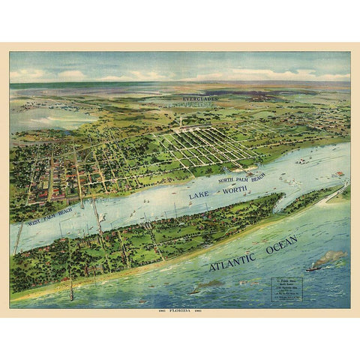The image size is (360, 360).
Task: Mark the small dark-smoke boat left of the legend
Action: click(x=196, y=289)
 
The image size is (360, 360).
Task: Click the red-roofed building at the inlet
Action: click(x=340, y=174)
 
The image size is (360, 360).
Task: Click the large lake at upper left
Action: click(x=45, y=116)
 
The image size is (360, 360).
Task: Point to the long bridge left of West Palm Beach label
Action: click(x=19, y=237)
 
